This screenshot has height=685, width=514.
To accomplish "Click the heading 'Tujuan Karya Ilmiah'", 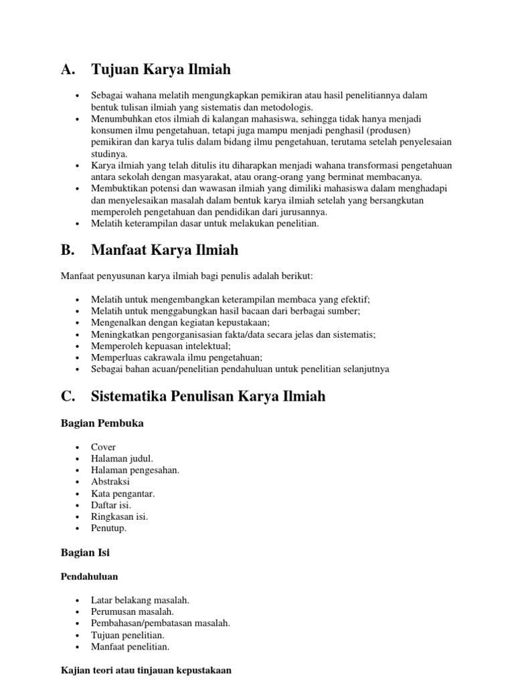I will (161, 70).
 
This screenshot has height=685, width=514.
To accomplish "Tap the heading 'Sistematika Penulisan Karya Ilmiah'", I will (208, 396).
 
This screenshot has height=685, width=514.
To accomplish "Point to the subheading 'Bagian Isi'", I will (85, 553).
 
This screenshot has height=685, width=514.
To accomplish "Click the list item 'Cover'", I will (104, 447).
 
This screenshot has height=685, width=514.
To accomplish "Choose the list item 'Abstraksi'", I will (110, 482).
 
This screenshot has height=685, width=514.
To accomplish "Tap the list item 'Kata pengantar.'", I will (123, 493).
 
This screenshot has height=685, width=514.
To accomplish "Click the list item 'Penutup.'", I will (109, 528).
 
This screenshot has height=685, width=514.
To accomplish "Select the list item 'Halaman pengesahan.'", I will (135, 470).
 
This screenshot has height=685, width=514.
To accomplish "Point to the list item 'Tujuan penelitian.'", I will (128, 635).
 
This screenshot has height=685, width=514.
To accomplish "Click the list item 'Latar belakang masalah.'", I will (141, 600).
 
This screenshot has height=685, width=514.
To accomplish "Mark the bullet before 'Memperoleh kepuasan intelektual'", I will (78, 346).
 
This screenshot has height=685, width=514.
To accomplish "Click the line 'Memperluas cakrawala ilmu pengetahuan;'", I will (177, 357).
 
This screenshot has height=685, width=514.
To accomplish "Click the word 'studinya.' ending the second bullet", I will (109, 153).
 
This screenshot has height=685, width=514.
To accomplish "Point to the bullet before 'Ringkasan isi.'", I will (78, 516).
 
